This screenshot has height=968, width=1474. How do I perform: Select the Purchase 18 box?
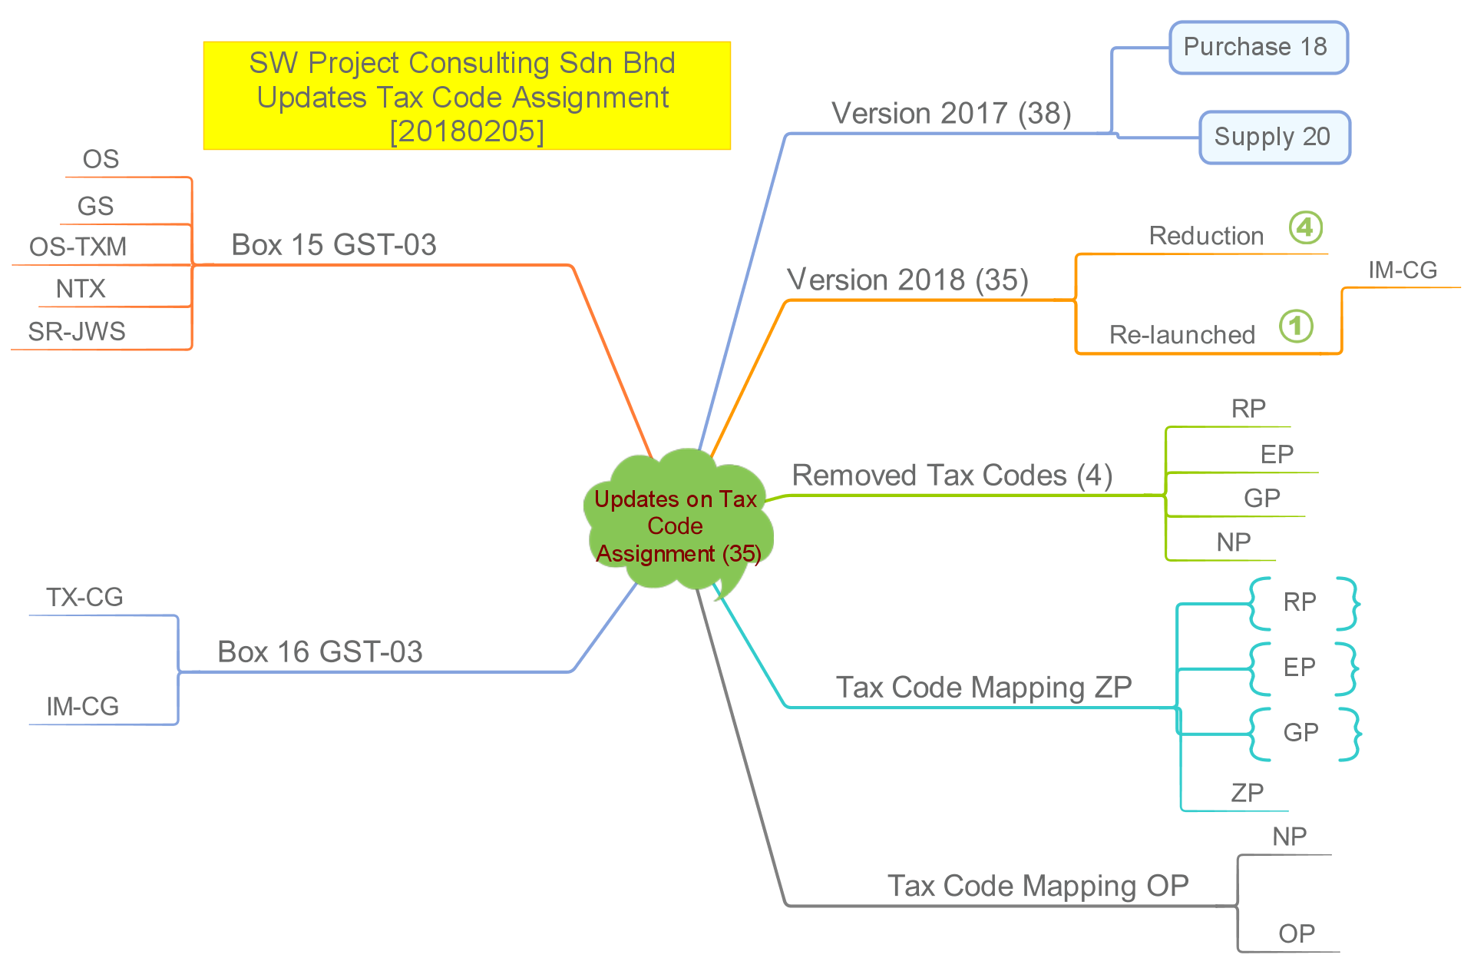(1258, 48)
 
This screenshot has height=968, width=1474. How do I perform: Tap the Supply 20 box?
(1274, 138)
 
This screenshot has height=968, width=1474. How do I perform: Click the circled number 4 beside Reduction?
(1305, 227)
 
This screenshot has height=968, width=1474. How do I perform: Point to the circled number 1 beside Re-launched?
(1296, 326)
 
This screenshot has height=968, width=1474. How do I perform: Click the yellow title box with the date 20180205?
(467, 96)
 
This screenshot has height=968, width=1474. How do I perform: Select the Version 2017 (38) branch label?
(951, 114)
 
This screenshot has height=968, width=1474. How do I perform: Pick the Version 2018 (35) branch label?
(907, 280)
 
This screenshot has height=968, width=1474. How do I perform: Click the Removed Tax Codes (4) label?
(952, 476)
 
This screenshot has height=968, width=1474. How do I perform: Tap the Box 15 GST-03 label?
(334, 245)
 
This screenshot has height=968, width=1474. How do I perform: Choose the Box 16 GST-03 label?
(320, 652)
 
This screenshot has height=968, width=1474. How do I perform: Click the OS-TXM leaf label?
(78, 247)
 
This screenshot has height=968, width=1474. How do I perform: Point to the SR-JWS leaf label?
(77, 332)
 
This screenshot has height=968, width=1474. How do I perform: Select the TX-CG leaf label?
(84, 598)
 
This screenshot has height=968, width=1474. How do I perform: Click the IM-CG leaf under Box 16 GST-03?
(83, 707)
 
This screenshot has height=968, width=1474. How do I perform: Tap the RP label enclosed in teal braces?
(1300, 602)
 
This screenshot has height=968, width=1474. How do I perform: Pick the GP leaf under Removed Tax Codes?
(1261, 499)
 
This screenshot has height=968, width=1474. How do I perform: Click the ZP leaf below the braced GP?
(1247, 793)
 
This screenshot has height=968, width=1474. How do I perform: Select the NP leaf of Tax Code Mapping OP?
(1289, 837)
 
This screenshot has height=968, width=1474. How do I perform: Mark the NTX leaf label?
(81, 290)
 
